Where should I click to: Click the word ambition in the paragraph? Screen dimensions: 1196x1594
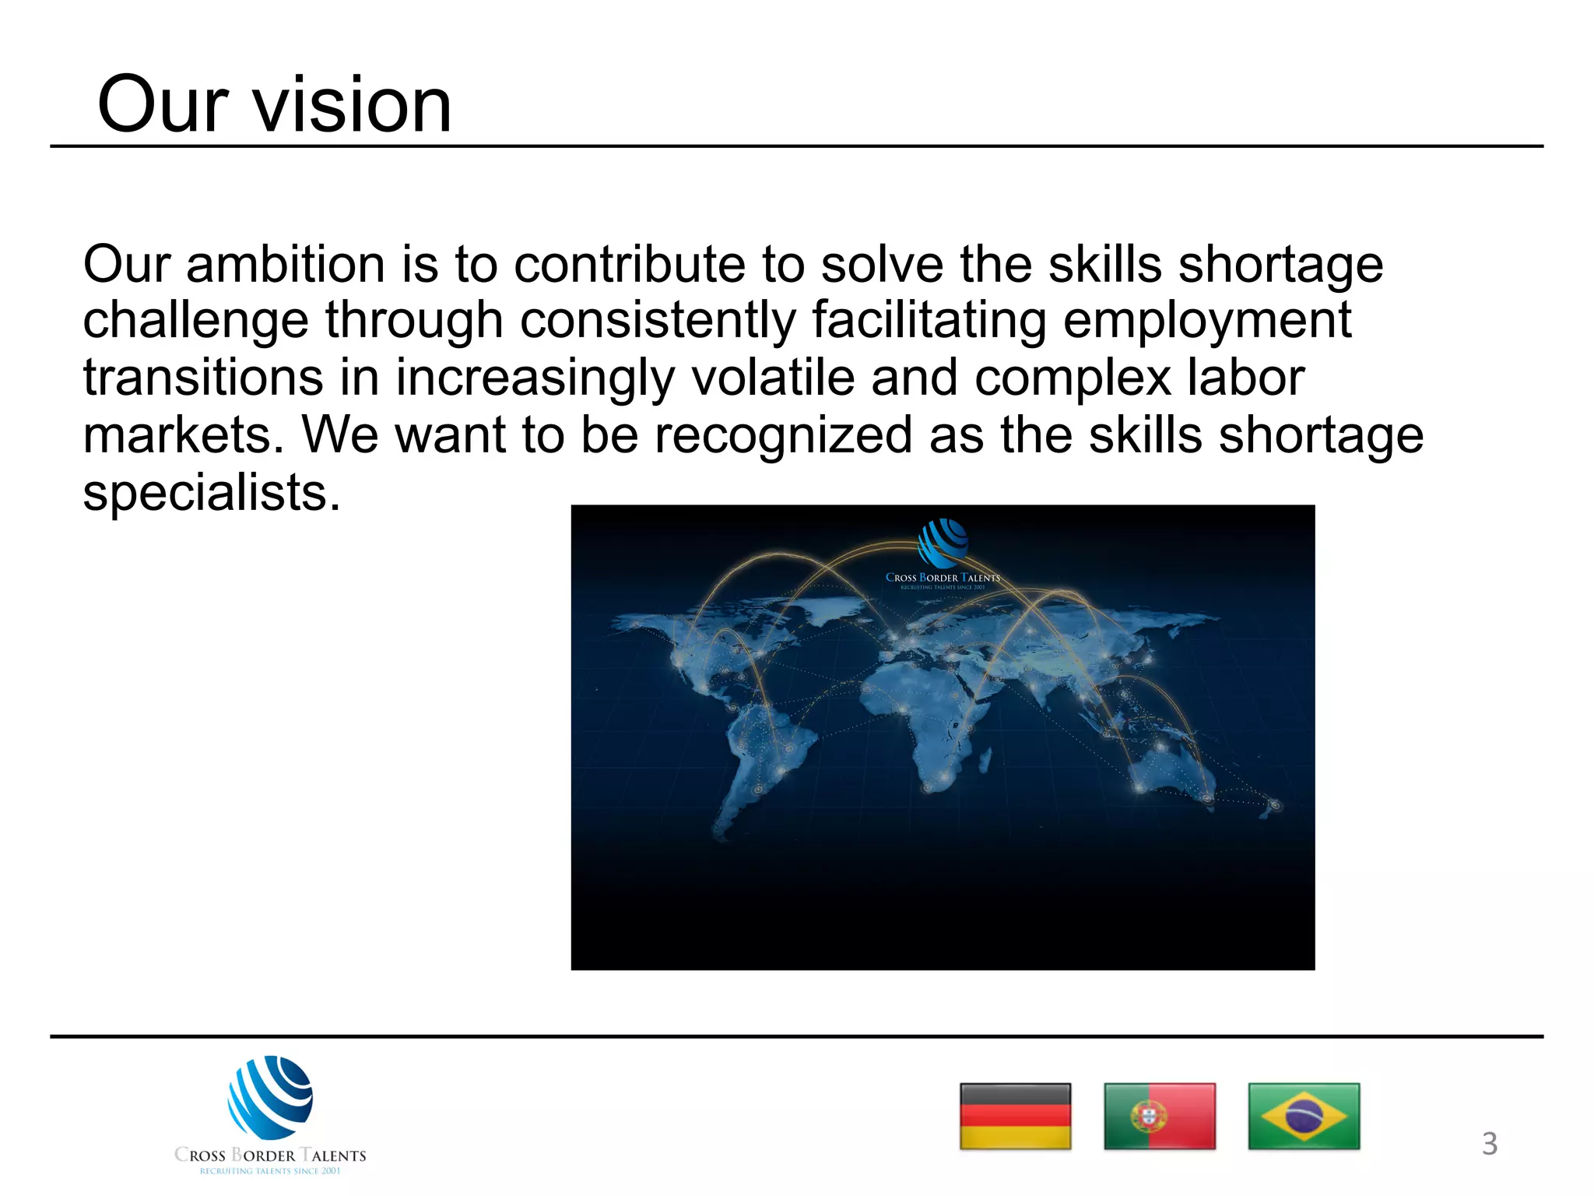(286, 265)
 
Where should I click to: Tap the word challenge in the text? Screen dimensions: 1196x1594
(195, 321)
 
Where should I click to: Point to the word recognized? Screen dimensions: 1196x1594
(783, 434)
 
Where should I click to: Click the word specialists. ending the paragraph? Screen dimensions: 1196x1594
(212, 492)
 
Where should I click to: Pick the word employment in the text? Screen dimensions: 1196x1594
(1207, 321)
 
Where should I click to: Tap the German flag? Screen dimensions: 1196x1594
(1015, 1116)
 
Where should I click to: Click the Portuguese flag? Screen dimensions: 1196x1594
(1159, 1116)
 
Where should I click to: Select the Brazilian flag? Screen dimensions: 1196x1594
(1304, 1116)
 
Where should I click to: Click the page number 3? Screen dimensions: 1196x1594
(1489, 1144)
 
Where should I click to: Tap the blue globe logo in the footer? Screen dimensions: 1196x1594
(270, 1097)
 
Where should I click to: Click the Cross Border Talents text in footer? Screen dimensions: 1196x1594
(270, 1156)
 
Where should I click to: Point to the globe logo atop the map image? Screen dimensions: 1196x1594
(943, 543)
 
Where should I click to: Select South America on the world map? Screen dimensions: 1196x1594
(767, 747)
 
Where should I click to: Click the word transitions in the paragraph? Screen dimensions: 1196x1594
(203, 378)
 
